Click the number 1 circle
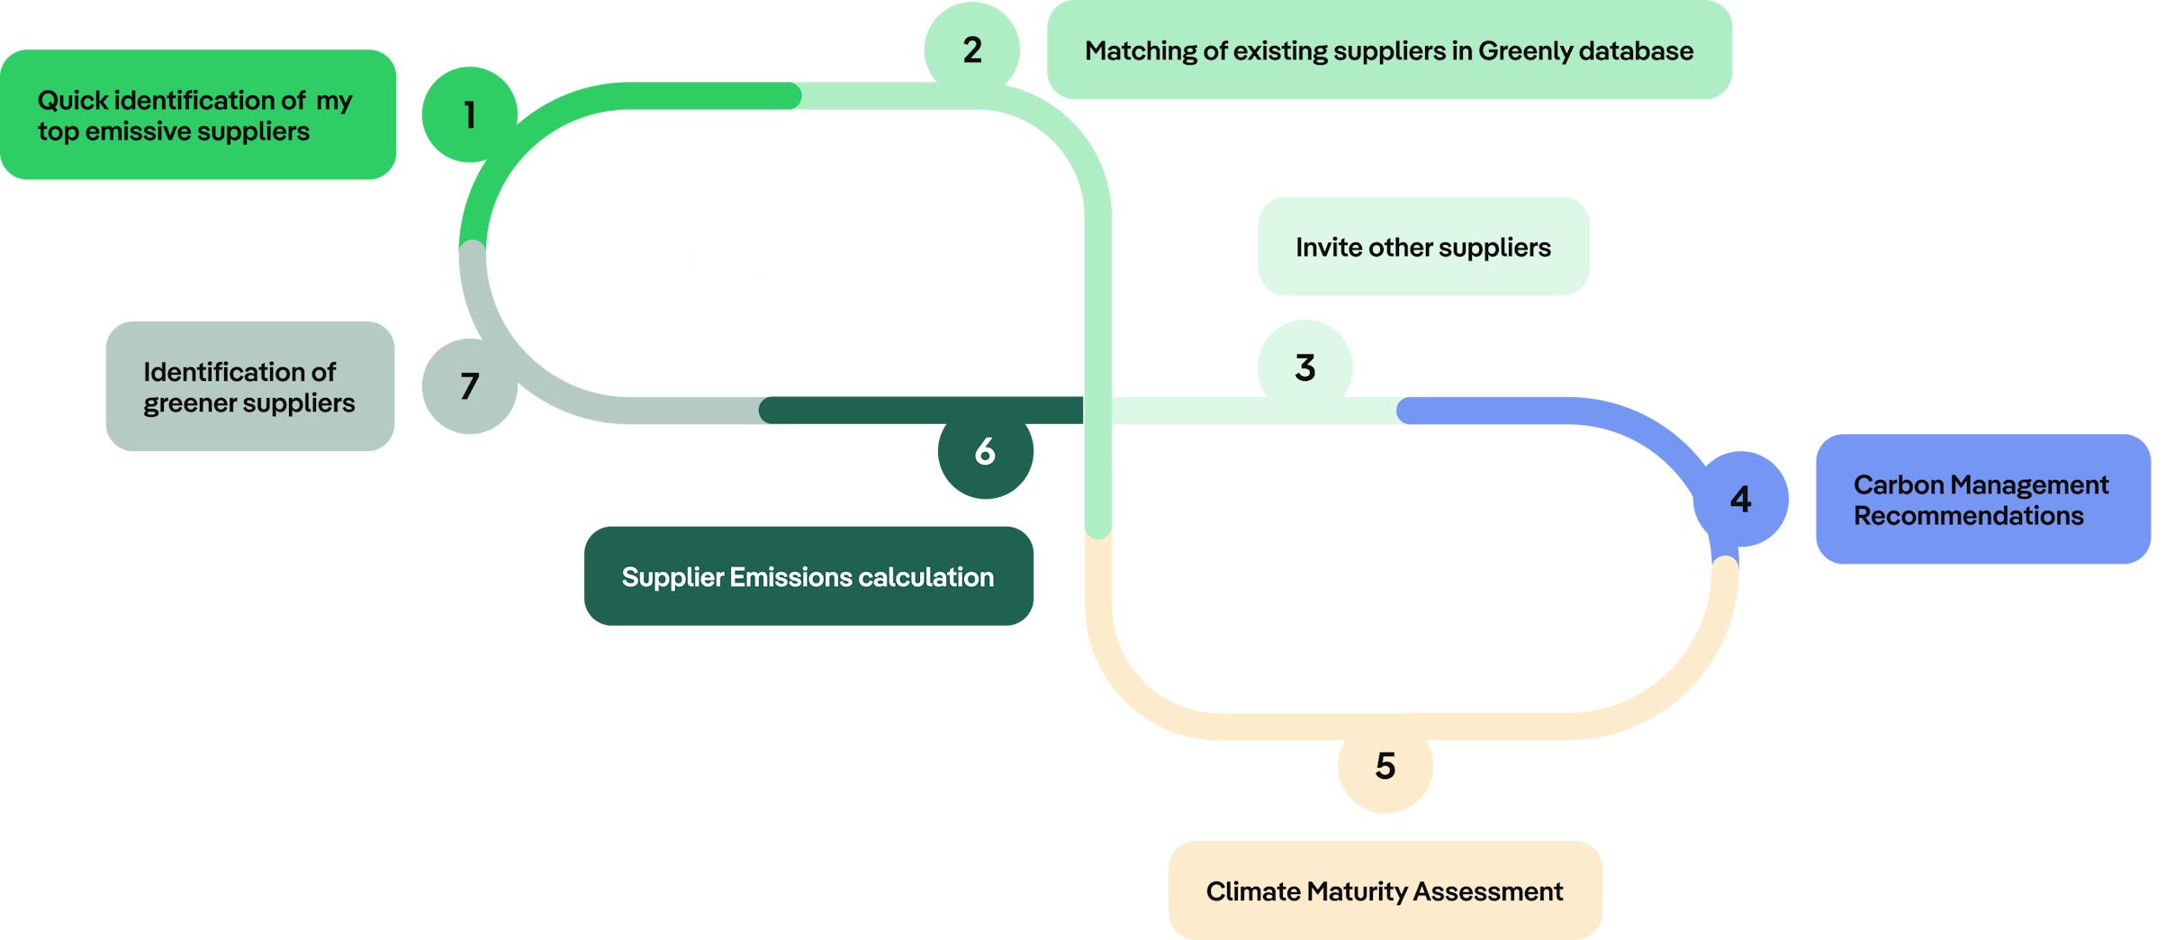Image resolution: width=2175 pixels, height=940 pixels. click(469, 114)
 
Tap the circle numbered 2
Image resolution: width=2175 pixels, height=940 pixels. click(972, 50)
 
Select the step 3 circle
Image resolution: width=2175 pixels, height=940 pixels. click(1304, 366)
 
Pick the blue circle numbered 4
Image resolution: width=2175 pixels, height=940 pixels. click(1740, 499)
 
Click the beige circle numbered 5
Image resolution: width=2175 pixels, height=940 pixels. click(1385, 766)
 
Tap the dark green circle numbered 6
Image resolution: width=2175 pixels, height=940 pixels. click(985, 451)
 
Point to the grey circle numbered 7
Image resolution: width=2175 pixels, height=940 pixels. click(469, 386)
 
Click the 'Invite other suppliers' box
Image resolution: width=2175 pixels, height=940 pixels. click(1423, 247)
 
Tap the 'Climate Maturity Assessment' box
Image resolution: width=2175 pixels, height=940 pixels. click(1385, 890)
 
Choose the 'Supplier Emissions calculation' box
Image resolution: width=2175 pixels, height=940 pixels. click(808, 576)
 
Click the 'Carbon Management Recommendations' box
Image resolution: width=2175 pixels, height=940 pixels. click(1982, 500)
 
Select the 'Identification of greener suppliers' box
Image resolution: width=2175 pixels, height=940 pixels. click(249, 386)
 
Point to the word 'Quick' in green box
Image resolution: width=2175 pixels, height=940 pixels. click(72, 100)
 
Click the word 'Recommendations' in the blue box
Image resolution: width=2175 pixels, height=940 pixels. click(1968, 516)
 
